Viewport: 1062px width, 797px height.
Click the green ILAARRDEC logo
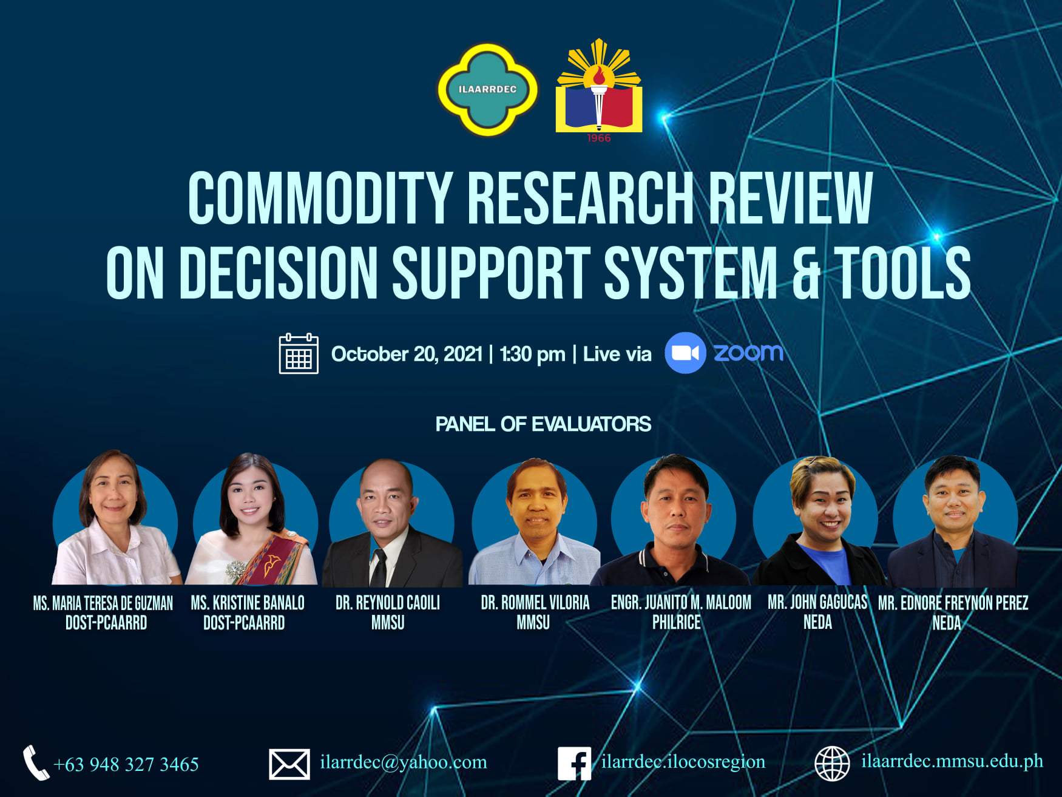click(x=487, y=89)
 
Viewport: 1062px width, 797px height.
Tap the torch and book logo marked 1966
click(x=598, y=90)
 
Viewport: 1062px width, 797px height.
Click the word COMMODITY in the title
click(x=320, y=198)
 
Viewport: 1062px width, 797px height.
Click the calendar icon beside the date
click(x=298, y=353)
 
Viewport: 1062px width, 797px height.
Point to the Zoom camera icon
click(x=685, y=353)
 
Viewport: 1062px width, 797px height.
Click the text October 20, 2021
click(x=407, y=354)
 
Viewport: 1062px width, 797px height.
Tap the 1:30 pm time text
click(x=532, y=354)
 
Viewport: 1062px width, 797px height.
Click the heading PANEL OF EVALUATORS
click(x=543, y=424)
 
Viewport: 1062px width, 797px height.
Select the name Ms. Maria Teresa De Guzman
click(x=103, y=603)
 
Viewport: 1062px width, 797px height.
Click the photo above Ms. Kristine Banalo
click(x=252, y=519)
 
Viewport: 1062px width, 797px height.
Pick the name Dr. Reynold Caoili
click(x=388, y=603)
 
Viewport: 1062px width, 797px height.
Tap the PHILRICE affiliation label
click(x=676, y=622)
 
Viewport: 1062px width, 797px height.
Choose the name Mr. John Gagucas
click(x=817, y=602)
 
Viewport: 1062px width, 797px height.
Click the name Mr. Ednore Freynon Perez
click(x=953, y=603)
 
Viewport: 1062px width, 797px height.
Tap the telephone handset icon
click(x=36, y=762)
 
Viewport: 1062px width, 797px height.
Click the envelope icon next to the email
click(x=289, y=764)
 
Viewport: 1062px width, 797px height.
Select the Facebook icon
click(x=574, y=763)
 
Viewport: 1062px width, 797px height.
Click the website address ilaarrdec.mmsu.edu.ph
click(x=952, y=761)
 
